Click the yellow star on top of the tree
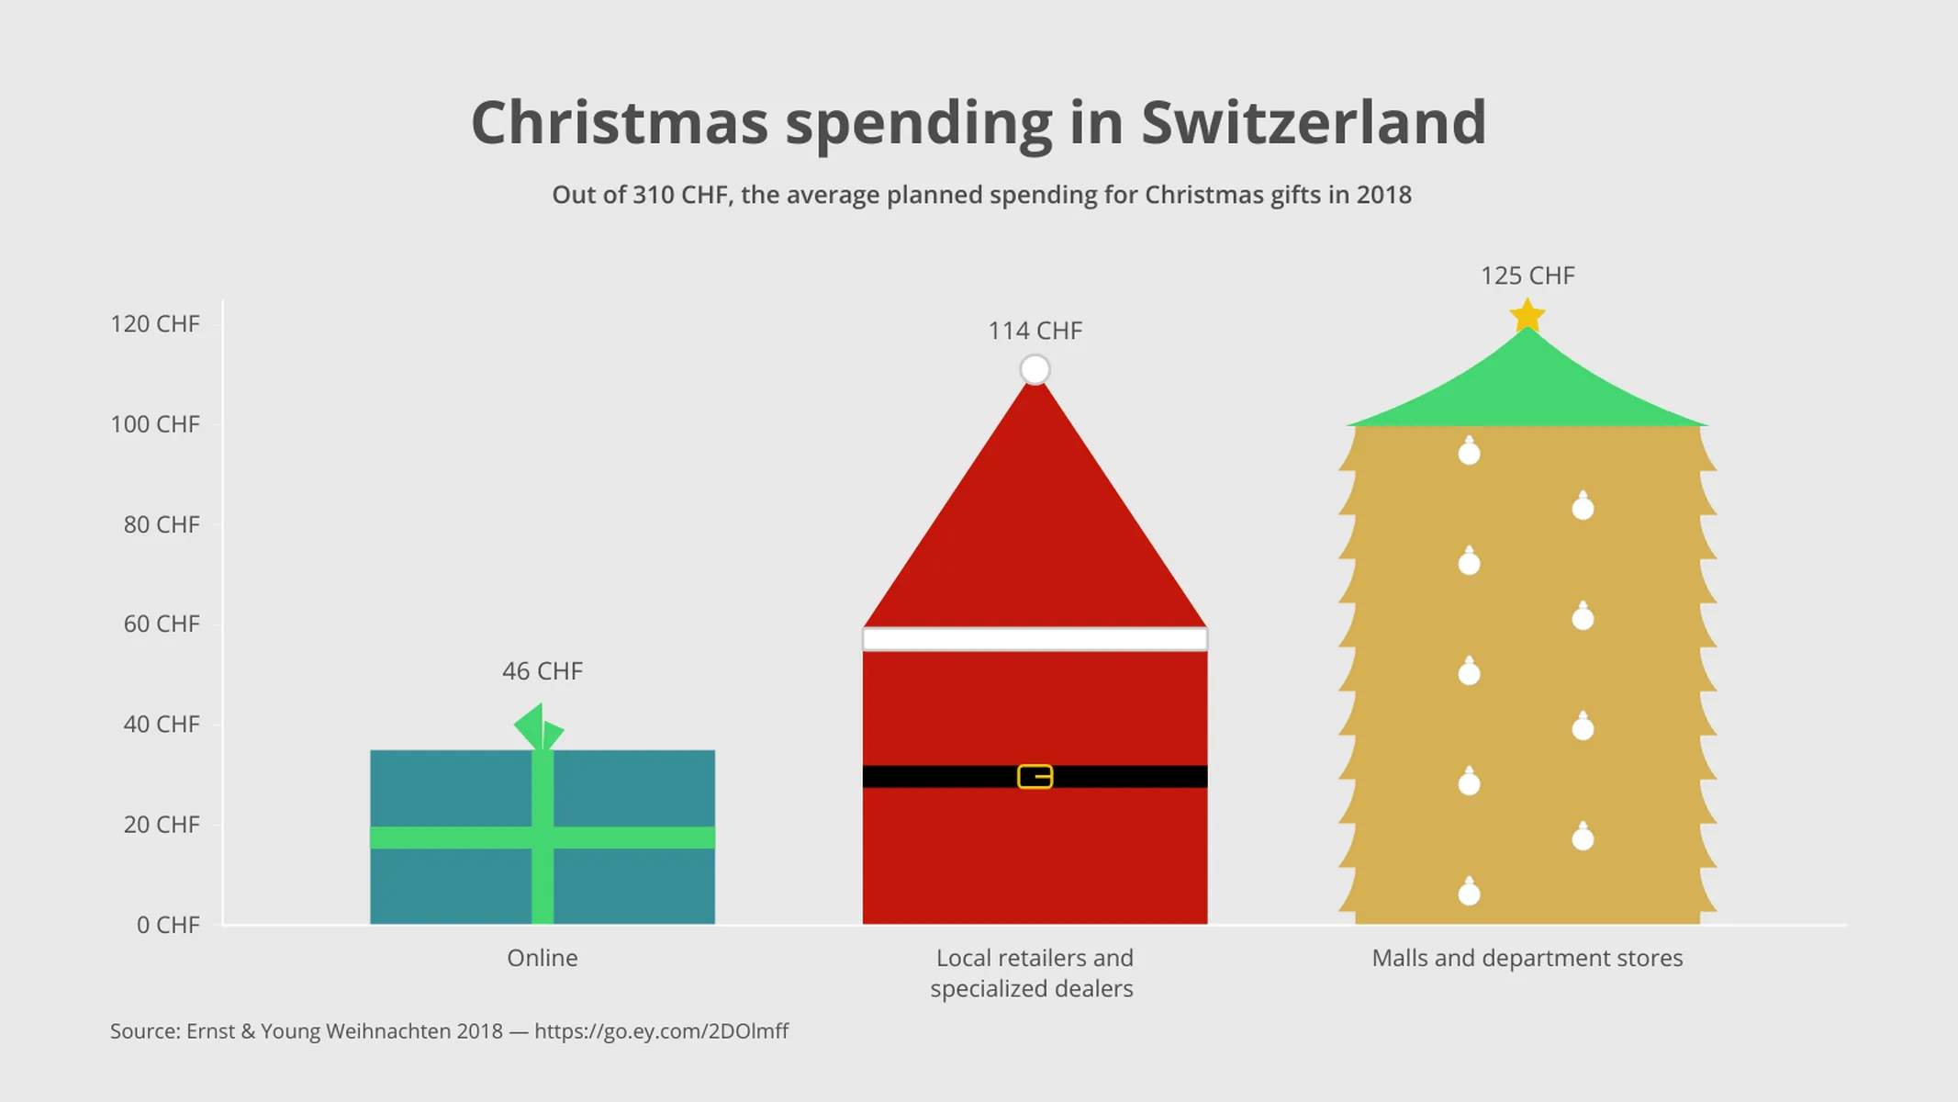point(1527,316)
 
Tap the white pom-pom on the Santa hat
point(1035,369)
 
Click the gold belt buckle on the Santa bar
point(1035,777)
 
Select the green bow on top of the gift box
point(539,727)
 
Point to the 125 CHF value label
point(1527,275)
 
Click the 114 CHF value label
point(1035,331)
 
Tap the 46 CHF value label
point(542,671)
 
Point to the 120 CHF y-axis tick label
point(154,324)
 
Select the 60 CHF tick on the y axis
point(161,624)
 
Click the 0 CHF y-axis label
point(167,925)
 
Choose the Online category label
point(542,958)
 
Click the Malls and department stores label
point(1527,958)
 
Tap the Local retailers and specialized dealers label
point(1034,973)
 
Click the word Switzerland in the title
point(1313,122)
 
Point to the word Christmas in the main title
point(620,122)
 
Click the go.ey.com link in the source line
point(661,1031)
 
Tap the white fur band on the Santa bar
point(1035,639)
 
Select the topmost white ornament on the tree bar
point(1469,452)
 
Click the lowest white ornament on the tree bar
point(1469,892)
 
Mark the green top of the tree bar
point(1527,386)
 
